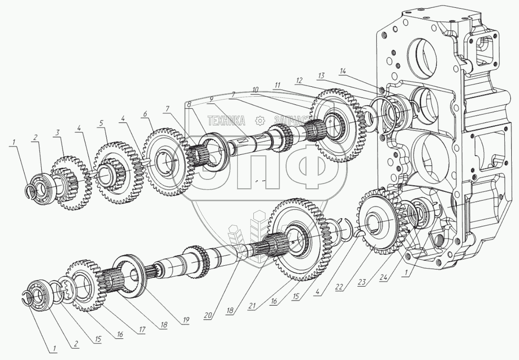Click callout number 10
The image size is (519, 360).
[255, 89]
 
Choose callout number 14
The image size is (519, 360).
[342, 71]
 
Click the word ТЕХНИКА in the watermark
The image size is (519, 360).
[226, 120]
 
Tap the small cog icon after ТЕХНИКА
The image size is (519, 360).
[259, 120]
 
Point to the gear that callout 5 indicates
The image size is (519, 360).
[117, 174]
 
